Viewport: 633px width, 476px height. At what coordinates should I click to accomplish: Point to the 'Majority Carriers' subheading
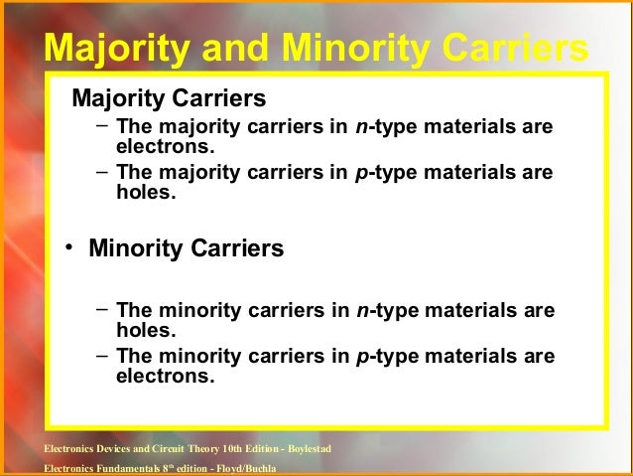point(169,99)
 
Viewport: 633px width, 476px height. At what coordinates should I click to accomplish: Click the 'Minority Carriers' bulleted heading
point(187,247)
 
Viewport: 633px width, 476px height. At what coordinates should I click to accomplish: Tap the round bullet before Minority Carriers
point(70,247)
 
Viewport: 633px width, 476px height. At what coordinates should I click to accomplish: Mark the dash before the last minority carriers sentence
point(103,357)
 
